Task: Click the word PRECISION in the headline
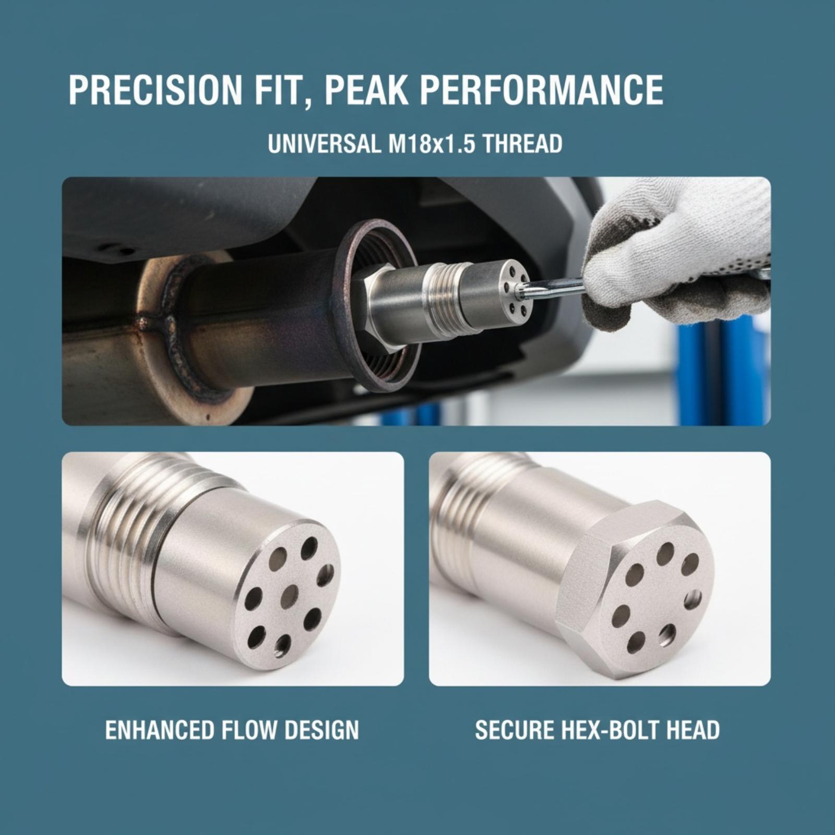tap(155, 91)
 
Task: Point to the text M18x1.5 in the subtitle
tap(432, 144)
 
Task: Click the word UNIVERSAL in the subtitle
tap(324, 144)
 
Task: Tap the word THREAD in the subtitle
tap(522, 144)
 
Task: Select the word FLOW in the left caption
tap(249, 730)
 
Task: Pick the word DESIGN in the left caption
tap(322, 730)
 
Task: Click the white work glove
tap(678, 250)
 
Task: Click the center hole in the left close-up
tap(289, 597)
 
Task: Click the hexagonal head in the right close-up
tap(635, 589)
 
